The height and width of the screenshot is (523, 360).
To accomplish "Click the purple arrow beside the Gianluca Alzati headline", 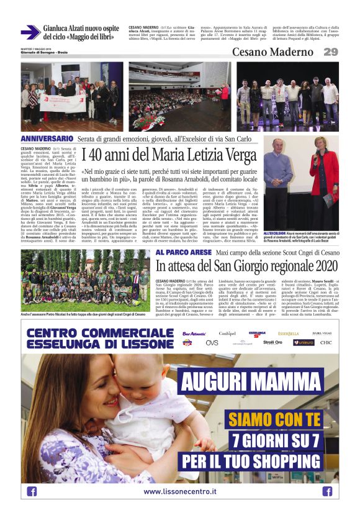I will tap(30, 32).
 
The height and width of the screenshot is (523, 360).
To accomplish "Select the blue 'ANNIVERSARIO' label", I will tap(47, 139).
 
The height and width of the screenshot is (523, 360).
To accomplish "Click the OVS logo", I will tap(212, 343).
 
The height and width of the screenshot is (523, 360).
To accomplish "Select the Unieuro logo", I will tap(304, 343).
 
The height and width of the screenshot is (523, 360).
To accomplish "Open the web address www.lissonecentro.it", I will tap(180, 491).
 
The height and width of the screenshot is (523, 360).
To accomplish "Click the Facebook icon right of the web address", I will tap(327, 491).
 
